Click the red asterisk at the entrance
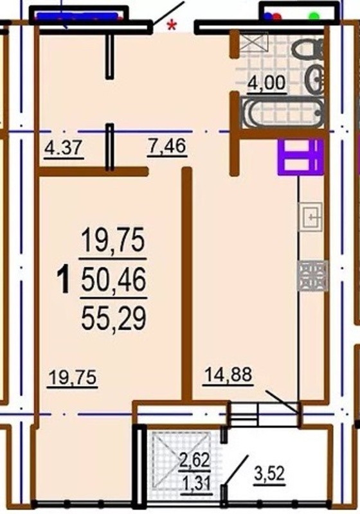click(x=172, y=26)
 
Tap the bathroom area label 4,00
click(x=267, y=83)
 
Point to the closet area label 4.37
click(x=63, y=147)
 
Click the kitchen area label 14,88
click(x=228, y=375)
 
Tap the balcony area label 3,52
click(x=269, y=474)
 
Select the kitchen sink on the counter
click(x=310, y=217)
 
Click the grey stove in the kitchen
click(x=312, y=276)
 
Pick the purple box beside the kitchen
click(x=301, y=157)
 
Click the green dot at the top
click(x=314, y=15)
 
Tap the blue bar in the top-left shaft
click(x=77, y=15)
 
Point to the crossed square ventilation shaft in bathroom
click(x=254, y=42)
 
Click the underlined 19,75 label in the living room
click(x=73, y=377)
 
